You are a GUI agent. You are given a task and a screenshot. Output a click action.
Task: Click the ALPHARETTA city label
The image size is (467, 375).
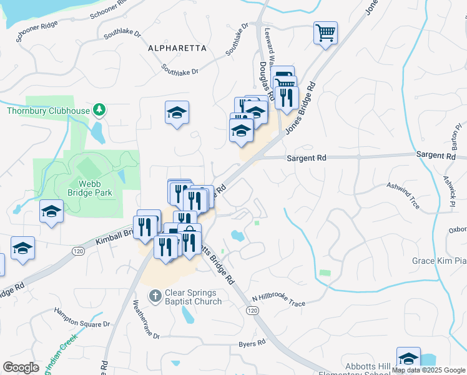tap(177, 47)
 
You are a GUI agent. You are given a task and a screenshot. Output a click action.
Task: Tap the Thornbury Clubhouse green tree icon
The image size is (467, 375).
tap(99, 111)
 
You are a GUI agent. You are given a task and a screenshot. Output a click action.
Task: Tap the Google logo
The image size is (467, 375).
tap(21, 367)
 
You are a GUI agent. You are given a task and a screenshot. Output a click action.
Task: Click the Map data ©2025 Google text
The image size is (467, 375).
tap(428, 370)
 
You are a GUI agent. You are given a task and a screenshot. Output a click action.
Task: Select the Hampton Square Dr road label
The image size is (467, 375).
tap(81, 317)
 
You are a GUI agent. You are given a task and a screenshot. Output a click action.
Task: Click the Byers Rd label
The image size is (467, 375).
tap(253, 344)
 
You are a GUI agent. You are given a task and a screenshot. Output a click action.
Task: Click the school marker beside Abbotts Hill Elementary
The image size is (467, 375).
tap(408, 358)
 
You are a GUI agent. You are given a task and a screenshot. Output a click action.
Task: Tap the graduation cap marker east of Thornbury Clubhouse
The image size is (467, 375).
tap(177, 112)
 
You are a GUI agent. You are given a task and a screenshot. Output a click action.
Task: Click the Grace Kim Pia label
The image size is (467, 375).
tap(439, 261)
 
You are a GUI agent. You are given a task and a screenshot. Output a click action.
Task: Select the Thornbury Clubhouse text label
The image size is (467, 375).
tap(48, 111)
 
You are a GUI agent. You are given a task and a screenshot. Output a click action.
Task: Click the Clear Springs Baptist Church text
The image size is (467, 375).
tap(193, 297)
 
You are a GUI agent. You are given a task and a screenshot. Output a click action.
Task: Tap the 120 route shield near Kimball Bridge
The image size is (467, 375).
tap(78, 251)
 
